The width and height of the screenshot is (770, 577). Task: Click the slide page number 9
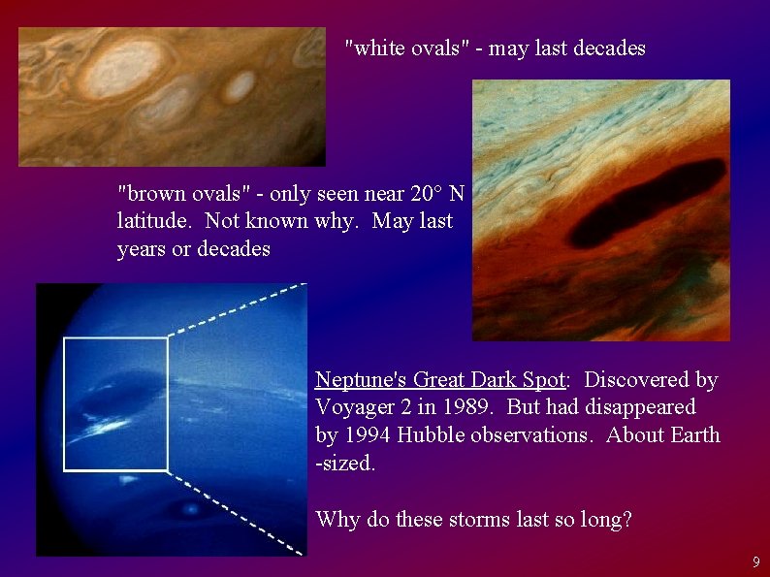(756, 561)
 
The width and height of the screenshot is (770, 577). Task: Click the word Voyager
(352, 407)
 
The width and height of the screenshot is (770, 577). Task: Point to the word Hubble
(432, 434)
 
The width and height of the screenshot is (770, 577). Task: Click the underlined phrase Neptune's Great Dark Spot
(439, 379)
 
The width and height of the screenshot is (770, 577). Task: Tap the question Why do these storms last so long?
(473, 519)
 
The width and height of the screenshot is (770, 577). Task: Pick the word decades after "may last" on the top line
(606, 48)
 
